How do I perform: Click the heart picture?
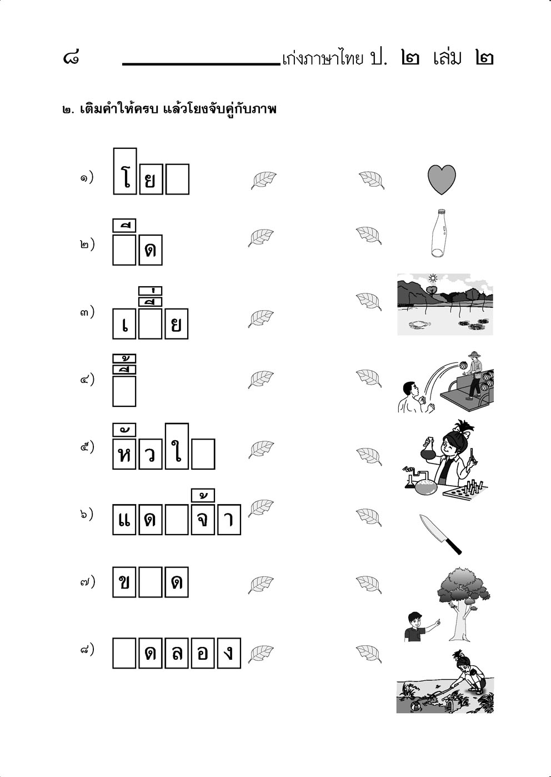point(442,180)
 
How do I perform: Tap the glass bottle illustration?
point(439,233)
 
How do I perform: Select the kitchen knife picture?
point(440,535)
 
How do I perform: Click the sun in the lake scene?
point(432,278)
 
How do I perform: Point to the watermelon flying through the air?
point(463,366)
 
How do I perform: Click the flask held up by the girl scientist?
point(428,450)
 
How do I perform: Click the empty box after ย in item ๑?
point(177,179)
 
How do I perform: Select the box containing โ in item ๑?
point(125,171)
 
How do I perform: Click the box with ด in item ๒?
point(151,250)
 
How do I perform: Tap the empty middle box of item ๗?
point(150,582)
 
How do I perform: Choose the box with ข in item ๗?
point(124,582)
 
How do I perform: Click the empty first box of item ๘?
point(124,653)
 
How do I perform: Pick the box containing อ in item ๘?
point(203,653)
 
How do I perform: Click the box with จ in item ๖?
point(203,520)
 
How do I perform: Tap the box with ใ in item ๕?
point(177,446)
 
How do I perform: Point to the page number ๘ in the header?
point(71,58)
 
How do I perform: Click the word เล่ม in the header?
point(447,58)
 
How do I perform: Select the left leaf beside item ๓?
point(261,319)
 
